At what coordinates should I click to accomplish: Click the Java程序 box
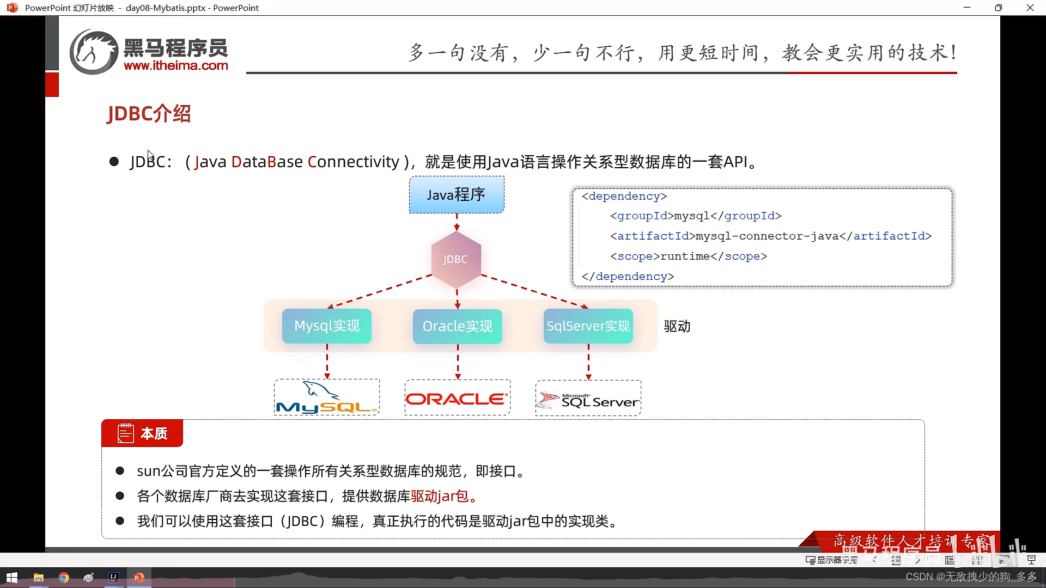coord(457,194)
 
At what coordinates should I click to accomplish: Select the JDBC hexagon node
coord(456,260)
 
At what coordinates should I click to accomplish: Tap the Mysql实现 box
coord(327,326)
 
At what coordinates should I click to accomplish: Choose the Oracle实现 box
coord(457,326)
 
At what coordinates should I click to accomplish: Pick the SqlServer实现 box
coord(588,326)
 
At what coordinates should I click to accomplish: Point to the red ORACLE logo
coord(457,399)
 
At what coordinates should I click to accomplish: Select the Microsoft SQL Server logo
coord(588,400)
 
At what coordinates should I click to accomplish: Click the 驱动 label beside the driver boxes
coord(677,326)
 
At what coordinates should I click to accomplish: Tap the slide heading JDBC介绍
coord(149,114)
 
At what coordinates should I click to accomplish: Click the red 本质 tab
coord(142,433)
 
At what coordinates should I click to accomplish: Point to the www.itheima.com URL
coord(176,66)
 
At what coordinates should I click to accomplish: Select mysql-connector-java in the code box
coord(767,236)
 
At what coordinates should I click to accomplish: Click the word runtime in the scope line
coord(685,256)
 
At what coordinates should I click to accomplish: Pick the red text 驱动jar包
coord(440,496)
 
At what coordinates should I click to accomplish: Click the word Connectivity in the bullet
coord(354,162)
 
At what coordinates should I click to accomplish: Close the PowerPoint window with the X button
coord(1030,8)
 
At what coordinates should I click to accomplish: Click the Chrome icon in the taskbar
coord(64,578)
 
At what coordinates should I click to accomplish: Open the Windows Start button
coord(12,578)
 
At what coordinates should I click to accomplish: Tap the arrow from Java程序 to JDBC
coord(457,222)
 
